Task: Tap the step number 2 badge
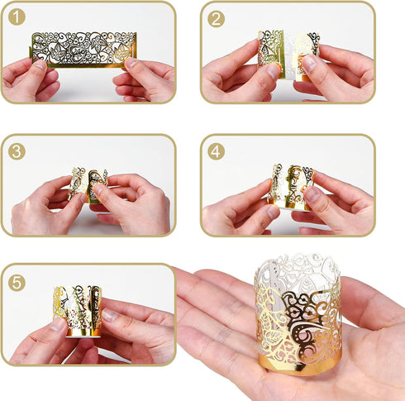pos(217,19)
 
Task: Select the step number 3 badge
pos(17,151)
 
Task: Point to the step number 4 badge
pos(217,151)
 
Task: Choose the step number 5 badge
pos(17,281)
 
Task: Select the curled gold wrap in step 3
pos(88,184)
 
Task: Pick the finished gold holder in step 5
pos(76,310)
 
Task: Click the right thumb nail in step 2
pos(308,62)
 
